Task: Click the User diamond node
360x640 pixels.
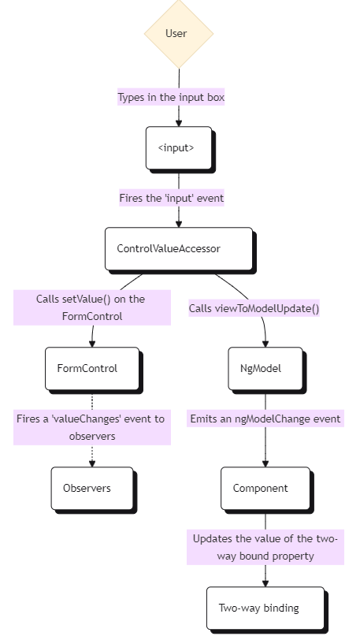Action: click(179, 33)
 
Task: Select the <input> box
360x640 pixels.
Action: click(179, 147)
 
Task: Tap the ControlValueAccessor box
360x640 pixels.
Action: click(179, 248)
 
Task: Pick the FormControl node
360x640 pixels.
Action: click(92, 368)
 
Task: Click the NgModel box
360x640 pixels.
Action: click(265, 368)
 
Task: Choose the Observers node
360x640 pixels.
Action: click(92, 488)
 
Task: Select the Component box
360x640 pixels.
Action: click(265, 488)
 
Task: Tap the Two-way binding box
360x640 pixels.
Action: click(265, 608)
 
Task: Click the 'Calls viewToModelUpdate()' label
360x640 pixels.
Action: click(254, 308)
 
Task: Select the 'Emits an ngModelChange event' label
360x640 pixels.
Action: click(265, 419)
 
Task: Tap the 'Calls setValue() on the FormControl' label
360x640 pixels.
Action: click(91, 307)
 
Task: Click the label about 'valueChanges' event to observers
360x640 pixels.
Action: click(91, 427)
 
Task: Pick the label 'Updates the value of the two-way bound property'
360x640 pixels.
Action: click(265, 547)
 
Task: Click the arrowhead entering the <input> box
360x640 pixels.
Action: click(179, 122)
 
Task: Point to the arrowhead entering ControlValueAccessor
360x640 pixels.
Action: click(179, 223)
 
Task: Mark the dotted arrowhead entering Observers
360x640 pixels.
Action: click(92, 463)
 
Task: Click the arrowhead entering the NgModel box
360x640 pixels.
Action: click(265, 343)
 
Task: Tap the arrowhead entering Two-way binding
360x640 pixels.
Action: click(265, 582)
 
